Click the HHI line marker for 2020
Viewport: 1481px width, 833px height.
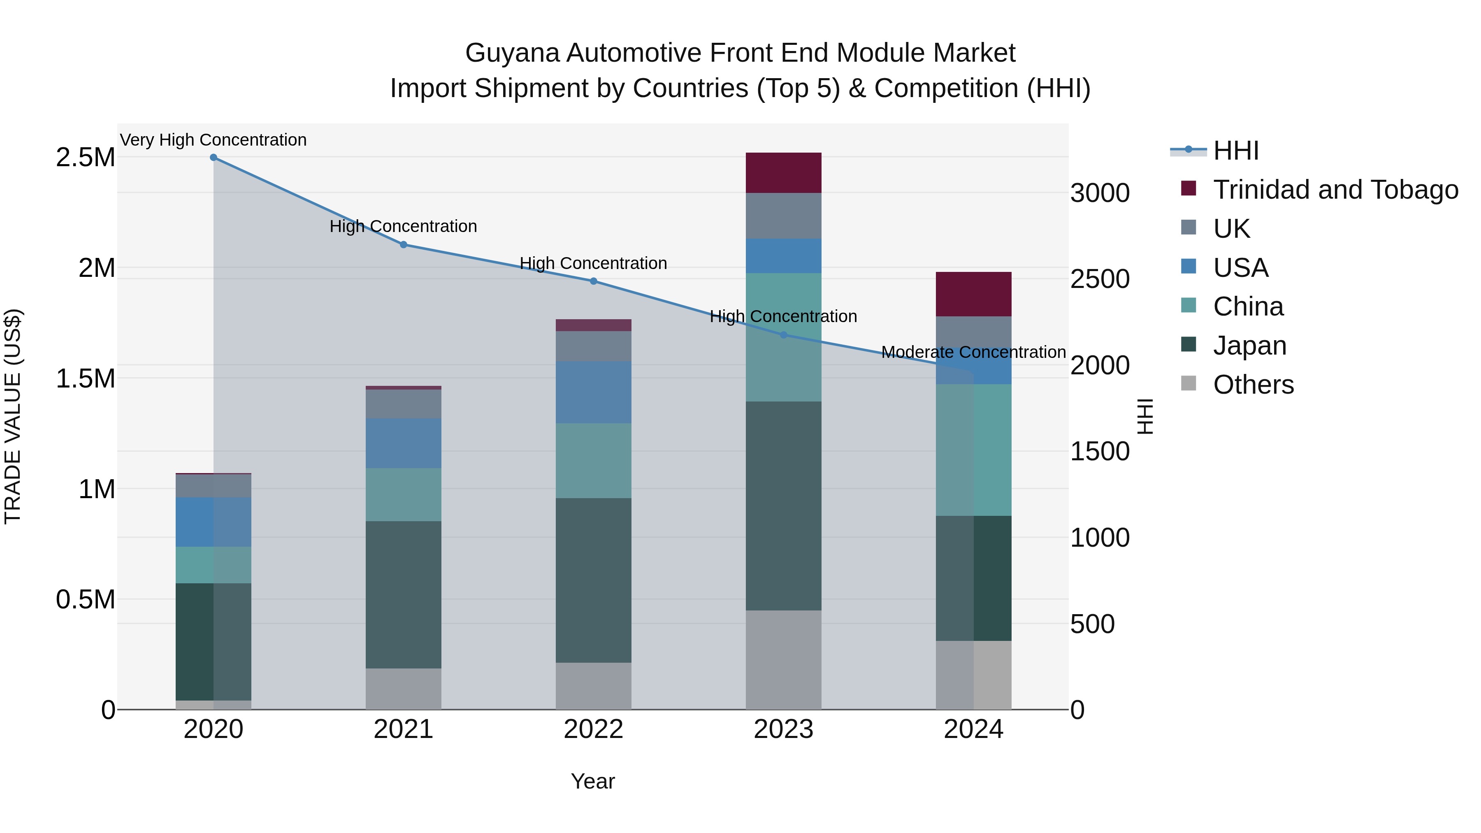tap(213, 157)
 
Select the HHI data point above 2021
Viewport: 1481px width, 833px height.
tap(404, 244)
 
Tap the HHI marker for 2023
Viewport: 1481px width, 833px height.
tap(783, 334)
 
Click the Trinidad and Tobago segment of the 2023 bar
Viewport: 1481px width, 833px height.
tap(783, 172)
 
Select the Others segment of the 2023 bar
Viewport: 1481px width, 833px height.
tap(783, 659)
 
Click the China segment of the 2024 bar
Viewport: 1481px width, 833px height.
tap(973, 450)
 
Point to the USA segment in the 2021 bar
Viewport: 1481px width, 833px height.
tap(404, 443)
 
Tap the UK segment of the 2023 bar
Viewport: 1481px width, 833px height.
tap(783, 216)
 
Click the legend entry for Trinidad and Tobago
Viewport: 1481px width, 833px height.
tap(1335, 190)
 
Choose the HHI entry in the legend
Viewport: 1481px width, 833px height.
tap(1236, 151)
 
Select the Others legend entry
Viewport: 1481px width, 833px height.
tap(1254, 385)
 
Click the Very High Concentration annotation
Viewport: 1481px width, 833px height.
tap(213, 140)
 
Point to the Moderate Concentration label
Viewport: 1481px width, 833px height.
tap(973, 352)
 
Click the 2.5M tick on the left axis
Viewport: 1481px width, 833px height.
tap(85, 158)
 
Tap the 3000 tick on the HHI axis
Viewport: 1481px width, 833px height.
tap(1099, 193)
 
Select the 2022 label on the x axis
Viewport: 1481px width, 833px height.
tap(593, 729)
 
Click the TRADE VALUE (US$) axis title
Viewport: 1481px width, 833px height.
tap(13, 416)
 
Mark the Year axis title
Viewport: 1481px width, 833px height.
tap(593, 781)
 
